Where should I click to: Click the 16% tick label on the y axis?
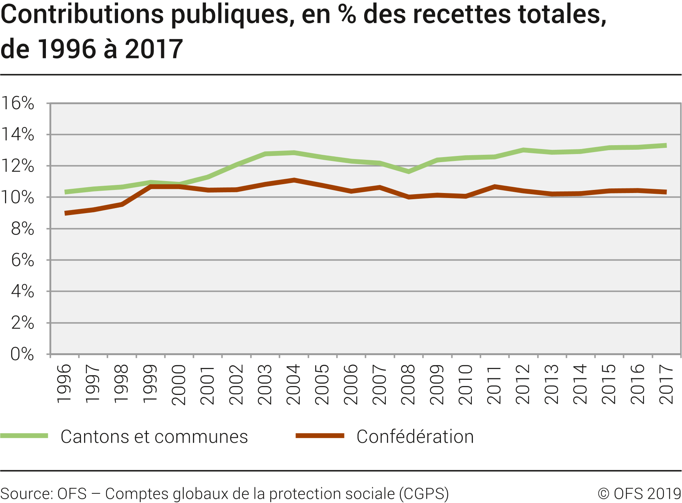(x=18, y=103)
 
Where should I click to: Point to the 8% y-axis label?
(x=22, y=229)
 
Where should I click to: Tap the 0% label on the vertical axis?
(x=22, y=354)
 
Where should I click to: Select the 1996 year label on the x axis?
(x=64, y=384)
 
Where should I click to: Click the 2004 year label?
(x=294, y=384)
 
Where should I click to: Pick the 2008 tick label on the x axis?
(x=408, y=384)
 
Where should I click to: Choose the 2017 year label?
(x=666, y=384)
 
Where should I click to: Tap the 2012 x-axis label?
(x=523, y=384)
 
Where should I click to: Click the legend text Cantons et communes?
(x=154, y=437)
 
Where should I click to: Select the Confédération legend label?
(x=415, y=437)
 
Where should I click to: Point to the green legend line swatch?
(x=24, y=436)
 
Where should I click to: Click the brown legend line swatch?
(x=320, y=436)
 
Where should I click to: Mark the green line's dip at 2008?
(x=409, y=171)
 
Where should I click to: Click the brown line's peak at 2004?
(x=294, y=180)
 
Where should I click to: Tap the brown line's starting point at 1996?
(x=66, y=213)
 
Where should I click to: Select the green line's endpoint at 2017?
(x=666, y=146)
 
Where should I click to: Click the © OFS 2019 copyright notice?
(x=640, y=494)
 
